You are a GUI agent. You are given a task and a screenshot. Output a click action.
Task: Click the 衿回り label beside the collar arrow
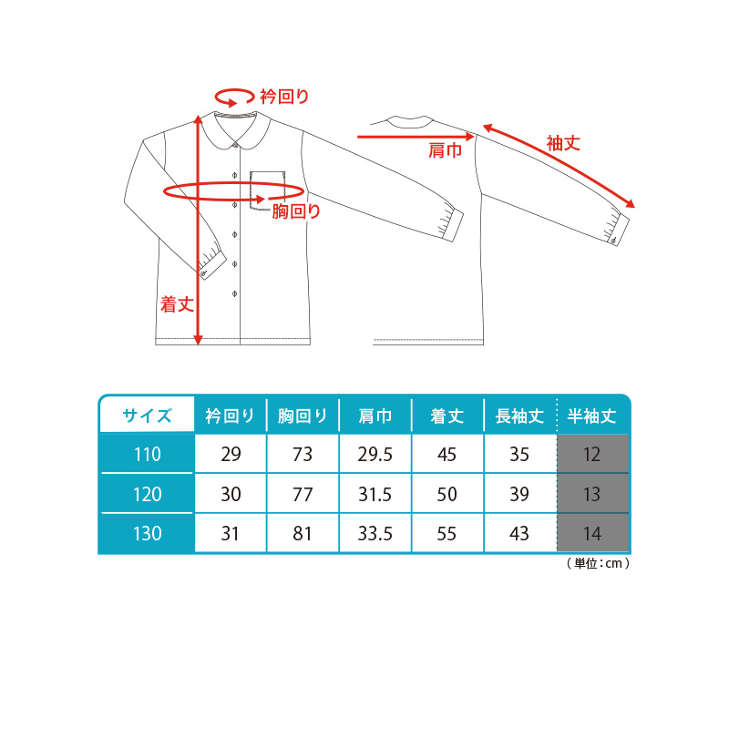click(284, 97)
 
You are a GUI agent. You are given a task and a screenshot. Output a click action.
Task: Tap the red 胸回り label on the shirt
click(296, 211)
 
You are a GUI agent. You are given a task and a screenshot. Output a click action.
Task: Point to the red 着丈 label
click(177, 304)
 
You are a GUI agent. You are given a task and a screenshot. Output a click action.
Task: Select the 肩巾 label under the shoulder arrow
click(445, 150)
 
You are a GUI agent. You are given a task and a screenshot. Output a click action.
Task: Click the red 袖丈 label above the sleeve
click(563, 143)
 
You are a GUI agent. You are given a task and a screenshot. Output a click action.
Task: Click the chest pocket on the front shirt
click(267, 190)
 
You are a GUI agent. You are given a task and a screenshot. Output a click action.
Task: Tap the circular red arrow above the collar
click(234, 98)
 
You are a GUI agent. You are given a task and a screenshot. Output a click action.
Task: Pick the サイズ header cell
click(147, 415)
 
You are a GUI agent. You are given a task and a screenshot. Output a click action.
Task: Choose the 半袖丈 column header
click(591, 416)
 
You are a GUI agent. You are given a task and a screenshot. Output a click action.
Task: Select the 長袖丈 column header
click(519, 416)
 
